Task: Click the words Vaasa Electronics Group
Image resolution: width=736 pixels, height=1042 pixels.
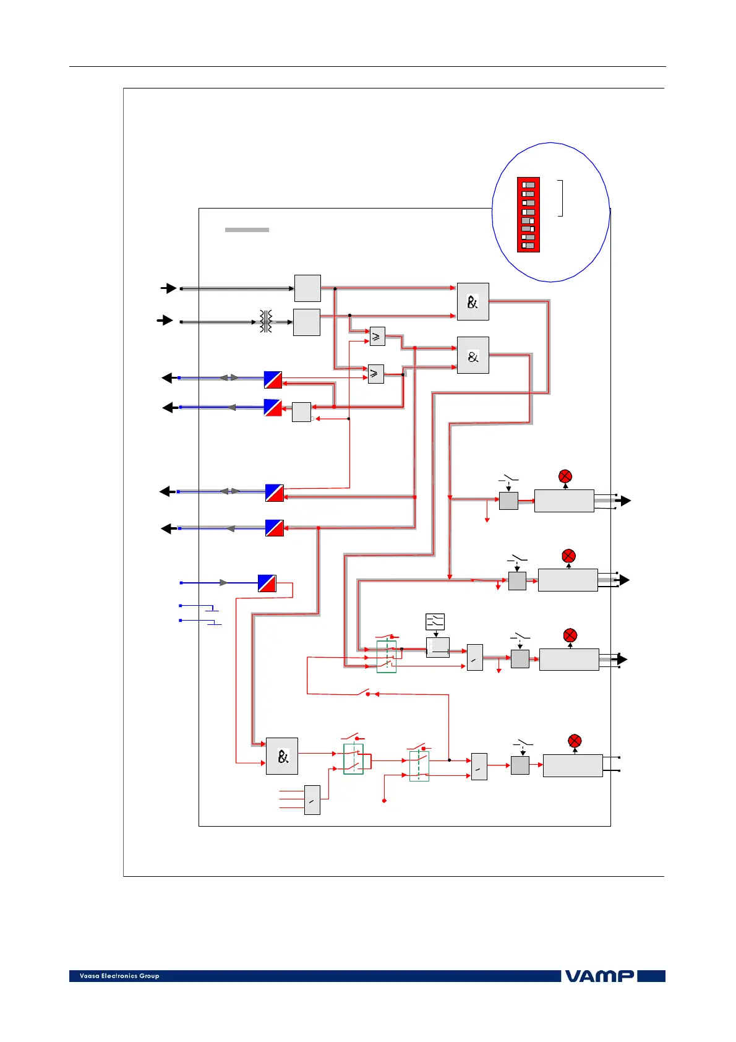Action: pos(119,976)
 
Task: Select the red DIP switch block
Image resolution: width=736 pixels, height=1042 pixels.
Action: pos(528,215)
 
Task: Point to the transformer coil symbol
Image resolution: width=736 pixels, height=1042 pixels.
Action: pos(266,321)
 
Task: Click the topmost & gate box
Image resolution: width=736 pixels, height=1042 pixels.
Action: pos(473,301)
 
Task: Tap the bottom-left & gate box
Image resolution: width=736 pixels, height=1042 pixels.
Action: pos(281,756)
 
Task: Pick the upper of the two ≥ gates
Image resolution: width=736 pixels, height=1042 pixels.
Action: pos(377,336)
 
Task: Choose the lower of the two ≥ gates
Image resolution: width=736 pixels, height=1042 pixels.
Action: pos(375,374)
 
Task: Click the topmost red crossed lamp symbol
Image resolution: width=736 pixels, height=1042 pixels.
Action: pos(565,476)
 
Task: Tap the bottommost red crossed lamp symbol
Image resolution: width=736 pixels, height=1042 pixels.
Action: pos(575,741)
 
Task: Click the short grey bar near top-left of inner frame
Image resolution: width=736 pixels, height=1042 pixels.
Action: pos(247,230)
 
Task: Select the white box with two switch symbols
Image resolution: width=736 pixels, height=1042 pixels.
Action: pos(435,622)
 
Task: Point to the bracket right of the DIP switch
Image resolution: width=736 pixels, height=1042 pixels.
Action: pos(560,198)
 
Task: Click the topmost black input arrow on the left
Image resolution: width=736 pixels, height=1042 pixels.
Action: pos(168,288)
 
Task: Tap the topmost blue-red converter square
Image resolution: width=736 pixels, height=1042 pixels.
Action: pos(273,380)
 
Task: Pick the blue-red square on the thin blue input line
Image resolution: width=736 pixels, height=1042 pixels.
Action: pos(267,583)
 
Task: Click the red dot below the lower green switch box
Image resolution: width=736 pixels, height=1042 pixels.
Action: pos(385,801)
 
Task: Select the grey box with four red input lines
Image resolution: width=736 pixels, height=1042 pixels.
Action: pos(312,800)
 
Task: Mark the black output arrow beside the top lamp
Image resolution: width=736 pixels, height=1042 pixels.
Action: pos(626,501)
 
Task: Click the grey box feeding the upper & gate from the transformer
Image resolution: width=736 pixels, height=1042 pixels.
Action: pos(306,322)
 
